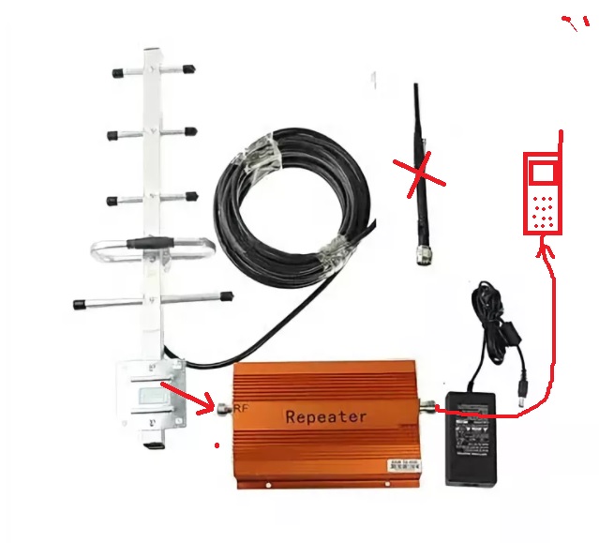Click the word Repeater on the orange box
(x=325, y=415)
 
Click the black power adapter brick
(x=478, y=437)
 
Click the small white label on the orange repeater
(x=406, y=463)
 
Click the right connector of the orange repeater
(x=429, y=406)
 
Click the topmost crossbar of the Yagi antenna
(x=150, y=69)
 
